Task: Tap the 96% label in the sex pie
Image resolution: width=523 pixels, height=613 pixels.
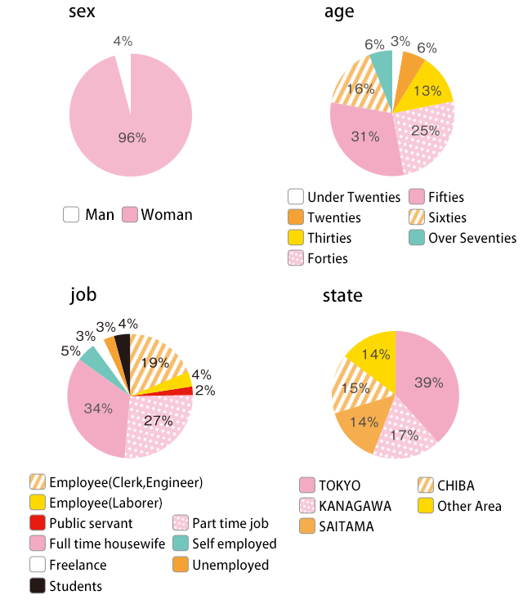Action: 132,137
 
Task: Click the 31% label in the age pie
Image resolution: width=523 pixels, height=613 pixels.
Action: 365,136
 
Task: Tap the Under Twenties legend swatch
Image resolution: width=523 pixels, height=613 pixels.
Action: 296,197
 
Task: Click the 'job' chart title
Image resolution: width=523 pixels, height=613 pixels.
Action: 83,295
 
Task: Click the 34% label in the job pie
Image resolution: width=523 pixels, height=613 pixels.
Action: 98,408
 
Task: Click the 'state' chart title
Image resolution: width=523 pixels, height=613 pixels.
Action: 342,295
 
